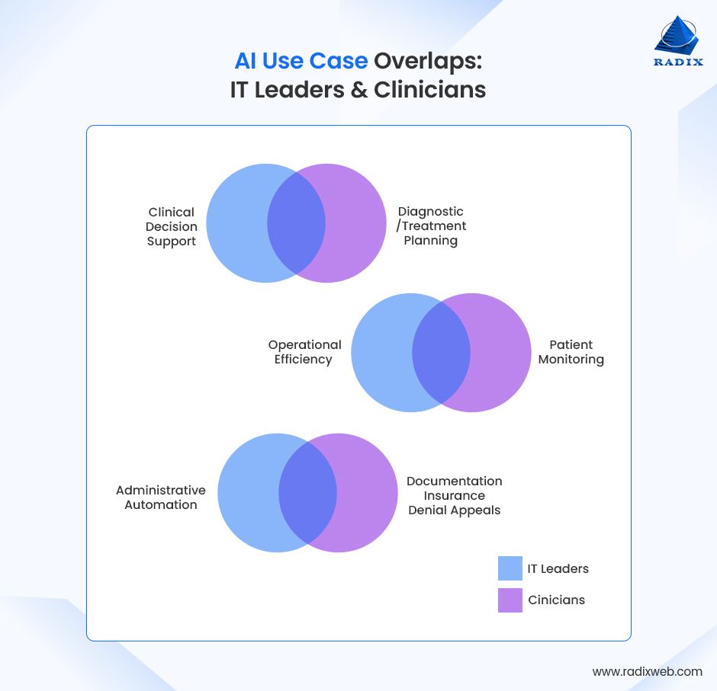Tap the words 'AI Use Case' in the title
pyautogui.click(x=301, y=61)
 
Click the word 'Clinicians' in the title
pyautogui.click(x=429, y=89)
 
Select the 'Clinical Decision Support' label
pyautogui.click(x=172, y=226)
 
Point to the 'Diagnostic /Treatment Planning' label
pyautogui.click(x=431, y=226)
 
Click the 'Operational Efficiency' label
pyautogui.click(x=304, y=352)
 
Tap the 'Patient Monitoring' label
pyautogui.click(x=571, y=352)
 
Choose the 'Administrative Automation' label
pyautogui.click(x=161, y=497)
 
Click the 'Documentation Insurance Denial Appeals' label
pyautogui.click(x=454, y=495)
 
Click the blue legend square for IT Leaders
pyautogui.click(x=510, y=568)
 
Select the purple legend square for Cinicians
pyautogui.click(x=510, y=600)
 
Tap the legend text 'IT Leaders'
pyautogui.click(x=558, y=568)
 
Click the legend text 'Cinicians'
pyautogui.click(x=556, y=600)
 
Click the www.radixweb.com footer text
pyautogui.click(x=647, y=671)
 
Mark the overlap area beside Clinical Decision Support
pyautogui.click(x=296, y=223)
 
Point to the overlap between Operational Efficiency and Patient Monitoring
pyautogui.click(x=441, y=353)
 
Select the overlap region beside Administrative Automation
pyautogui.click(x=307, y=493)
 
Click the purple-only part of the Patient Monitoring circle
pyautogui.click(x=500, y=353)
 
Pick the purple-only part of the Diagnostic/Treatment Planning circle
pyautogui.click(x=355, y=223)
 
